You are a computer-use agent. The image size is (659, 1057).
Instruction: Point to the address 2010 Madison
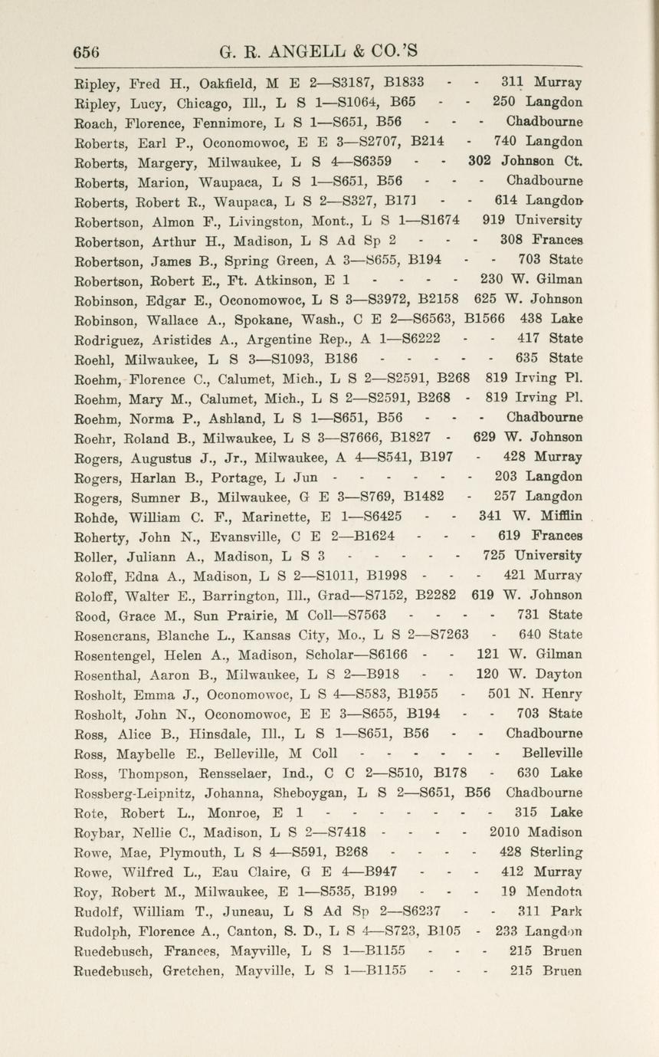coord(536,832)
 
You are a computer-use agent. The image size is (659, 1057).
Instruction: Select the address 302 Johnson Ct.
coord(526,161)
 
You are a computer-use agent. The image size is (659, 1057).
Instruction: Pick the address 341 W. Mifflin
coord(530,516)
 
